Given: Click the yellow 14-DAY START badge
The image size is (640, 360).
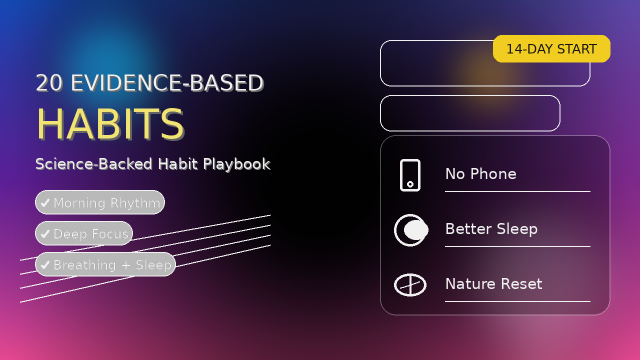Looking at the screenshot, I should (x=551, y=49).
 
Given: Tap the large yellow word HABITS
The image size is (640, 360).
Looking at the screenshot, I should (x=110, y=124).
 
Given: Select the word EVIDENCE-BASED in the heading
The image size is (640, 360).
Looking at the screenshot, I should (x=167, y=83).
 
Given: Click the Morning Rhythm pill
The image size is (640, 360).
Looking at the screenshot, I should (x=100, y=202).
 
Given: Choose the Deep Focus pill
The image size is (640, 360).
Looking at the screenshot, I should (x=84, y=233).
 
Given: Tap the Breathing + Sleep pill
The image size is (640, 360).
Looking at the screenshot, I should (x=105, y=264).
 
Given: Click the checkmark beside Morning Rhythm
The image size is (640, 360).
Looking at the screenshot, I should (x=45, y=202).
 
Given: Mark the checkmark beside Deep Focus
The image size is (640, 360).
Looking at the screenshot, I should (x=45, y=233).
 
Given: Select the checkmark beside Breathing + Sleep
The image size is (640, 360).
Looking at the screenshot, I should (x=45, y=264).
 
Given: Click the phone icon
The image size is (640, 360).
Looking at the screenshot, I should (x=410, y=175).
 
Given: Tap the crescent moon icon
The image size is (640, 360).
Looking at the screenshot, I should (x=409, y=230).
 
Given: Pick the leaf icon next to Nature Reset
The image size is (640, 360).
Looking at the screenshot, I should (x=410, y=285).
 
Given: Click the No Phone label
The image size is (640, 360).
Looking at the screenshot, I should (x=480, y=174).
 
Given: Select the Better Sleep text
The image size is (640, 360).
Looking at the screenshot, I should (x=491, y=229).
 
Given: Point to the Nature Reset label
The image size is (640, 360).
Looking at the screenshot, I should (x=493, y=284).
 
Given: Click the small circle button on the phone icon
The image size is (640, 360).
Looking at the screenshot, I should (x=410, y=184).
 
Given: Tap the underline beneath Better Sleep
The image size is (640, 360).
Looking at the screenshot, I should (x=517, y=246).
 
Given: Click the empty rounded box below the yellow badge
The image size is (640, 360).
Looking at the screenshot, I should (x=470, y=113).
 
